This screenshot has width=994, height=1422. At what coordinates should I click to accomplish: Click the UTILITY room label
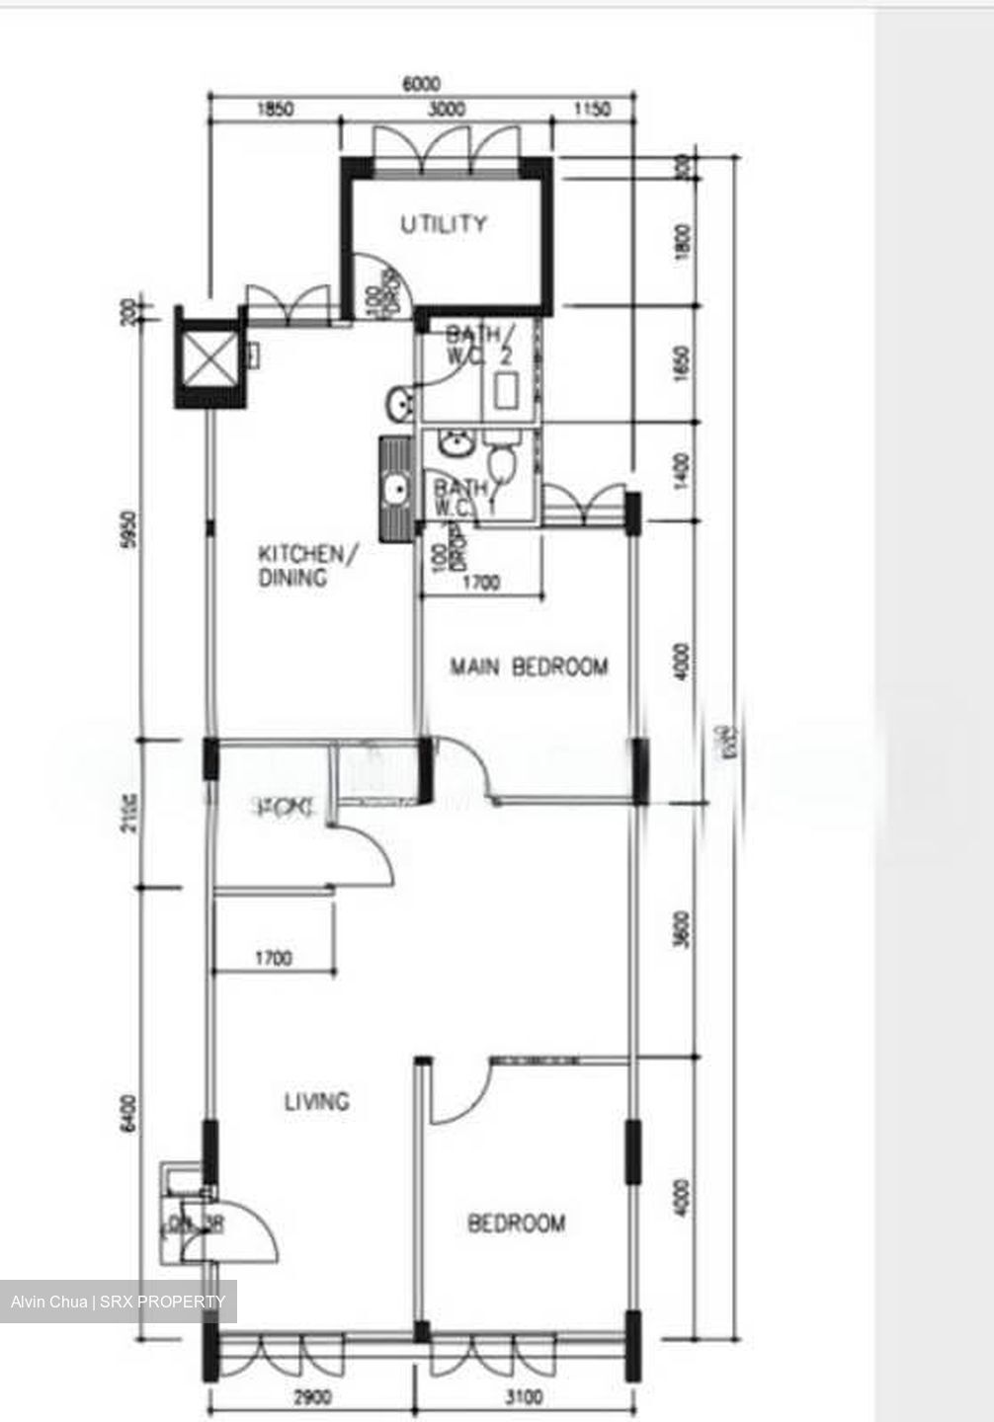(x=444, y=224)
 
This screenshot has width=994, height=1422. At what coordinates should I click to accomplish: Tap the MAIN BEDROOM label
(x=529, y=668)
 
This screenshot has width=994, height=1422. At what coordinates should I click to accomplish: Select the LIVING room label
(x=316, y=1101)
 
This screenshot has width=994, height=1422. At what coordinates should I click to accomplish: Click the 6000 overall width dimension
(x=422, y=84)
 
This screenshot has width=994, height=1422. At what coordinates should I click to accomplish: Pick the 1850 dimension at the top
(x=274, y=110)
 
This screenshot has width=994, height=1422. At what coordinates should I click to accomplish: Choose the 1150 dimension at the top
(x=592, y=110)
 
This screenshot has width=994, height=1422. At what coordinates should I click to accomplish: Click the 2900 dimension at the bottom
(x=312, y=1397)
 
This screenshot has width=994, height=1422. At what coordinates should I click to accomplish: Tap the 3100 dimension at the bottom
(x=524, y=1397)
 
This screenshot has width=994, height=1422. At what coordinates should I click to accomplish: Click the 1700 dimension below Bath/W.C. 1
(x=480, y=584)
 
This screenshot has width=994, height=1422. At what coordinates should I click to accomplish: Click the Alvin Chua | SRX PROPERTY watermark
(x=119, y=1302)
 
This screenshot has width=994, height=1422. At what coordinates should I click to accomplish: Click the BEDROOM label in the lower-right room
(x=517, y=1224)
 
